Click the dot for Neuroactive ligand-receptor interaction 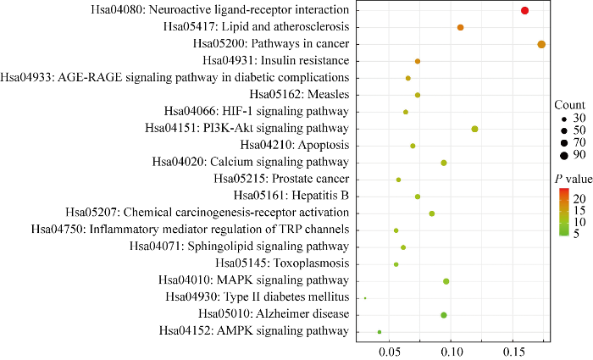click(525, 10)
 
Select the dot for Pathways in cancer click(541, 44)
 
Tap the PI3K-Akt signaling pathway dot click(475, 129)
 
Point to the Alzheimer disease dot click(444, 315)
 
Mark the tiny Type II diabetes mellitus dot click(365, 298)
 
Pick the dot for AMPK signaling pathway click(380, 332)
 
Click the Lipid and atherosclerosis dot click(461, 27)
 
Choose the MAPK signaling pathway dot click(446, 281)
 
